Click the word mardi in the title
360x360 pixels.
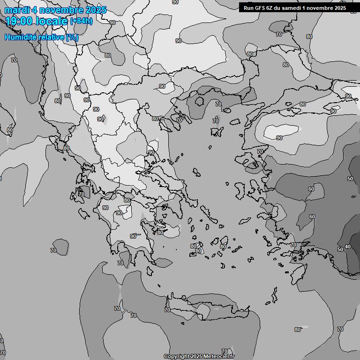[17, 10]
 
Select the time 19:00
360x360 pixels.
[21, 21]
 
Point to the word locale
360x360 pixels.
[52, 21]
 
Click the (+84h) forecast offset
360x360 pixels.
[81, 21]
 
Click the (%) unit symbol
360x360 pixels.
[72, 37]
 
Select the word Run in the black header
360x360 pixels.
[249, 8]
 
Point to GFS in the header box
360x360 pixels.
[262, 8]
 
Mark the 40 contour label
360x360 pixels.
[347, 247]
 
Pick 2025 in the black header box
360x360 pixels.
[339, 8]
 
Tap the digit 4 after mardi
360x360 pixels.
[34, 10]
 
